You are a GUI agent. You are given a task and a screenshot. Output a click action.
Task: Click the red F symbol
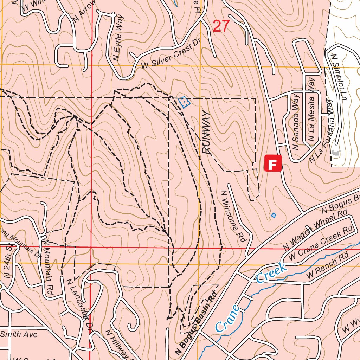click(273, 163)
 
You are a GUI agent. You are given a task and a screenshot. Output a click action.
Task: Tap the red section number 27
click(221, 26)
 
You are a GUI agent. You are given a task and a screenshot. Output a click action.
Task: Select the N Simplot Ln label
click(340, 77)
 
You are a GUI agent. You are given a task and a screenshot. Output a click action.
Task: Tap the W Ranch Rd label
click(327, 268)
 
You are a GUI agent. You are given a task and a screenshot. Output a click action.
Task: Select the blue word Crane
click(227, 319)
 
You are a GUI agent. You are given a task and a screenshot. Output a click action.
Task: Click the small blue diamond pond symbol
click(274, 215)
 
